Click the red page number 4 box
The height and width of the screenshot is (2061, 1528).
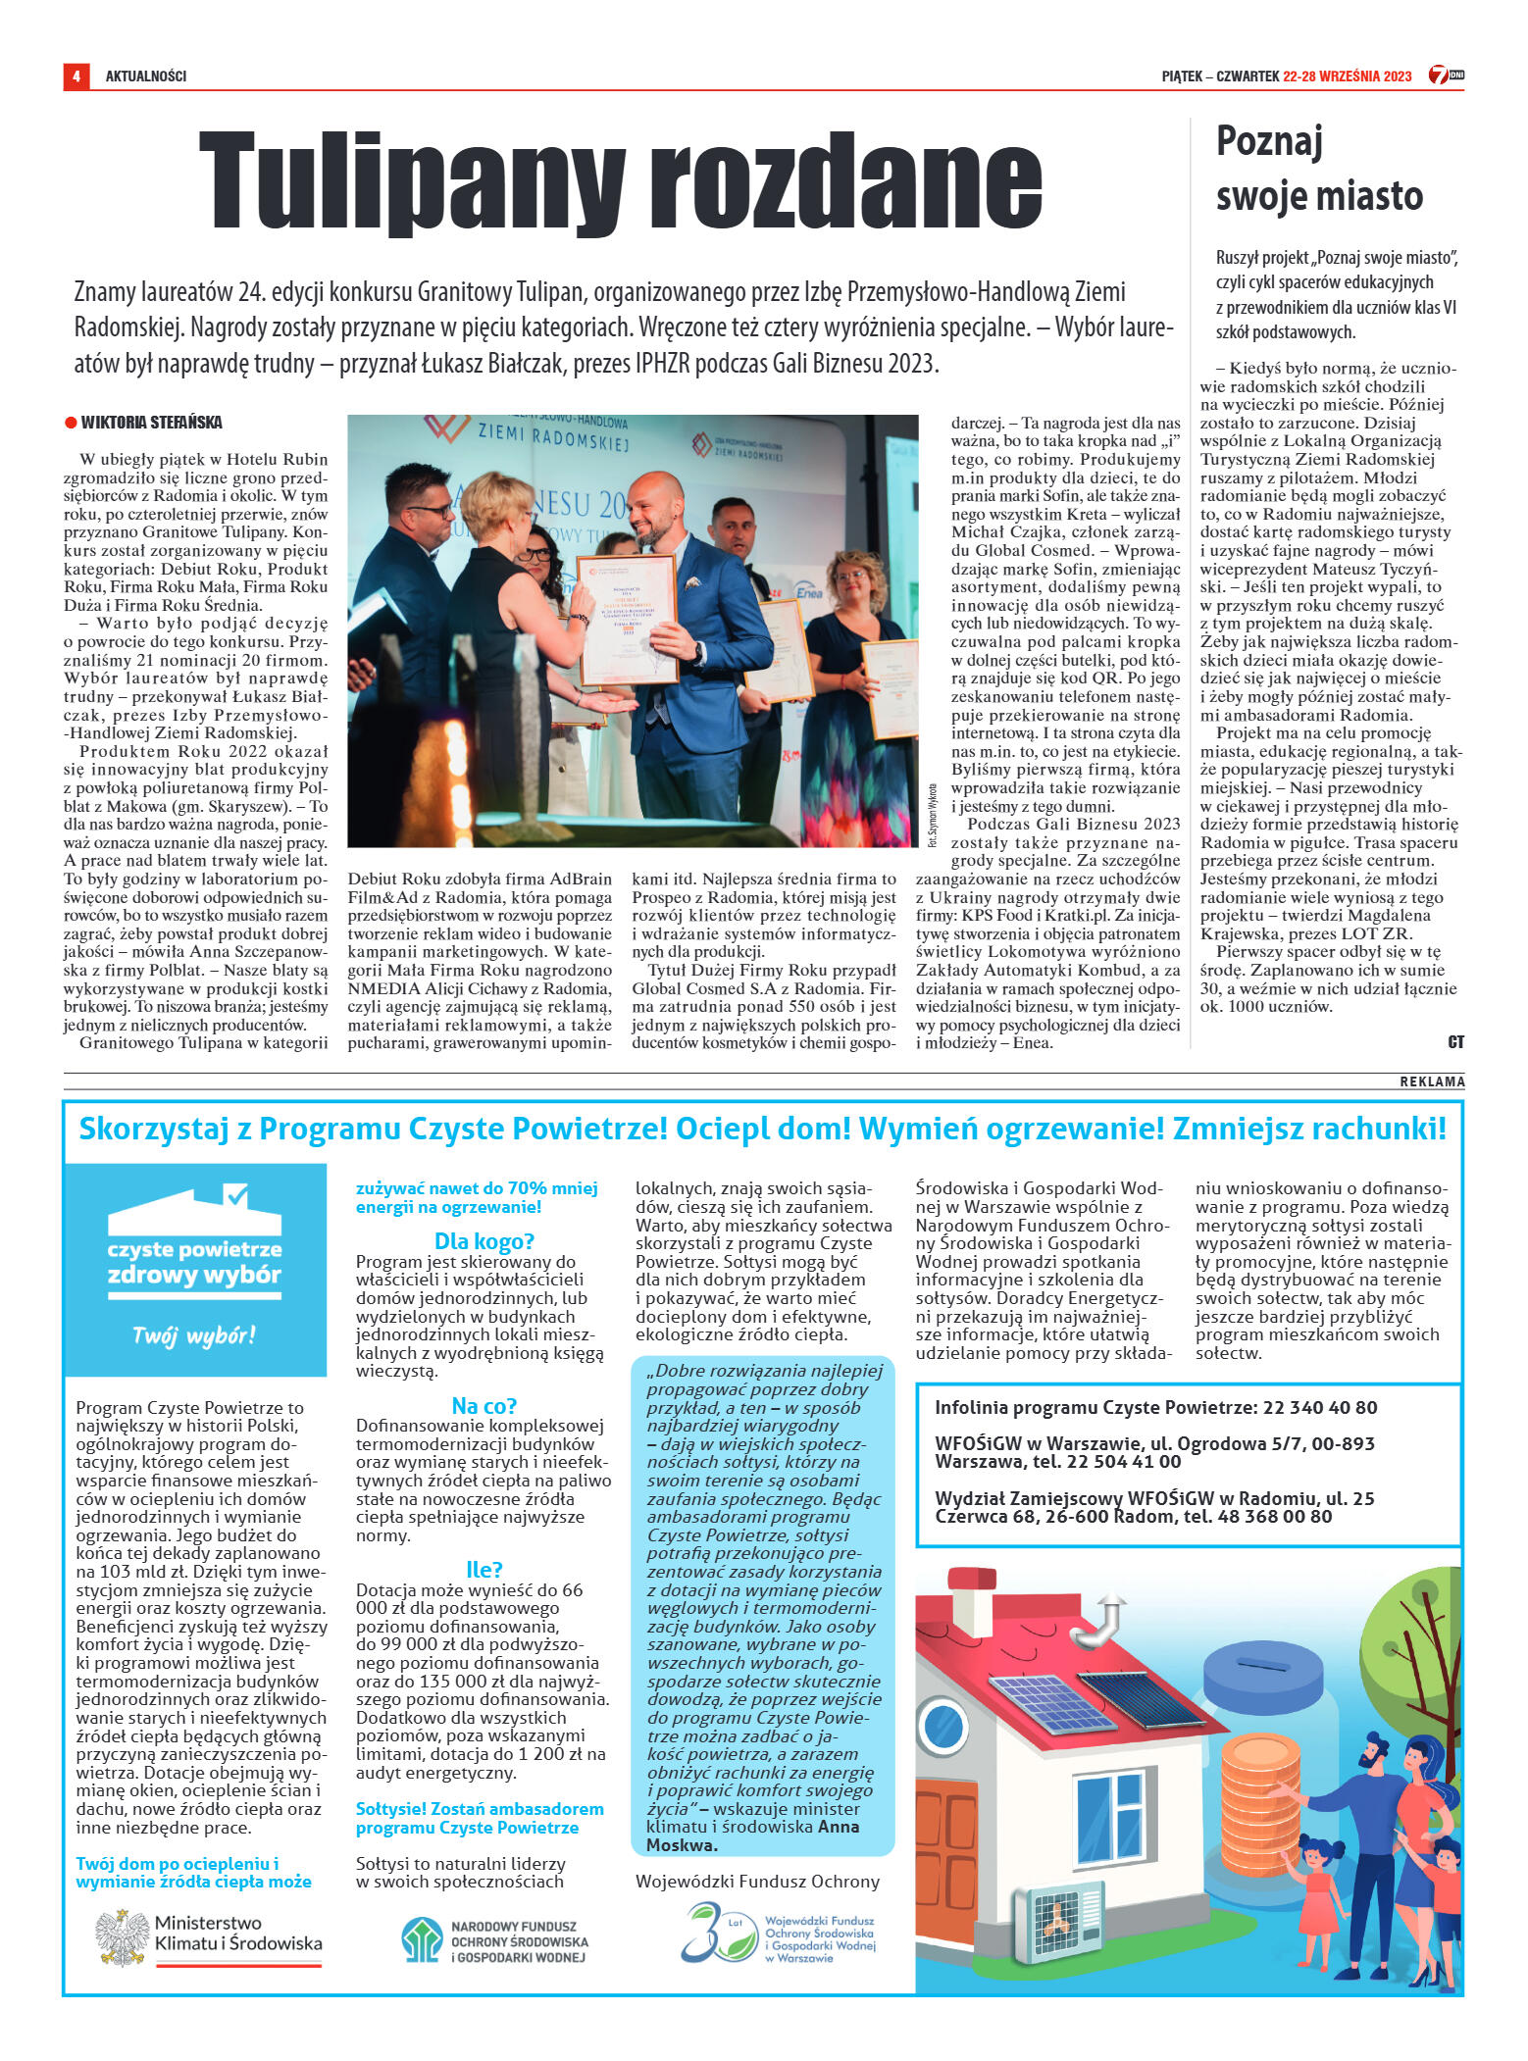coord(76,75)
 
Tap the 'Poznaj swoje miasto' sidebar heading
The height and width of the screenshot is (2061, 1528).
coord(1318,169)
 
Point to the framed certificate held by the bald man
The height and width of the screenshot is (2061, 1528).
coord(628,618)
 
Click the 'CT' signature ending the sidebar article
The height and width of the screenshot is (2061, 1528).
coord(1455,1042)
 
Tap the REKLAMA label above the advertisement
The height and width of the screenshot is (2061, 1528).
coord(1432,1081)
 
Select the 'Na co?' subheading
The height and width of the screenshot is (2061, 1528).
coord(484,1405)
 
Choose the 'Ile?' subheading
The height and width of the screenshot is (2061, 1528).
coord(484,1569)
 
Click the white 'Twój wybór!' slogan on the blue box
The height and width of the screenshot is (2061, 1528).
coord(194,1335)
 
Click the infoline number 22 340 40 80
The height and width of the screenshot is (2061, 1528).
coord(1320,1408)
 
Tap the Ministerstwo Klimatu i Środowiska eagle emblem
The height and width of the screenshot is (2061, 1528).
coord(122,1937)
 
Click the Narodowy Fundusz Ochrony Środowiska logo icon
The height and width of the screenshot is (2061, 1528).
coord(422,1939)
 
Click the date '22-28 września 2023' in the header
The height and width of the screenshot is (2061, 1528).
coord(1347,75)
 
